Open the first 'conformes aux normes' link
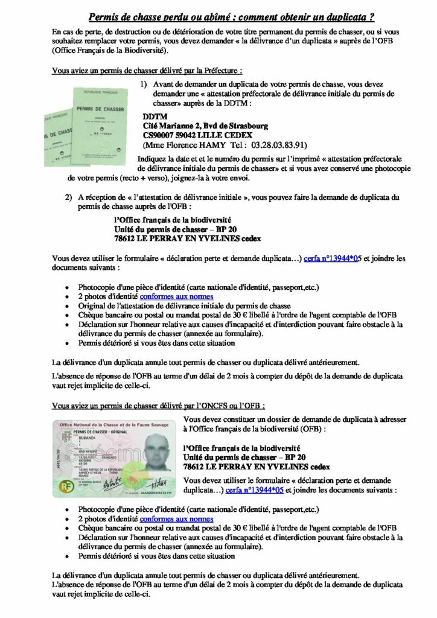coord(177,296)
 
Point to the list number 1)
coord(144,84)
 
